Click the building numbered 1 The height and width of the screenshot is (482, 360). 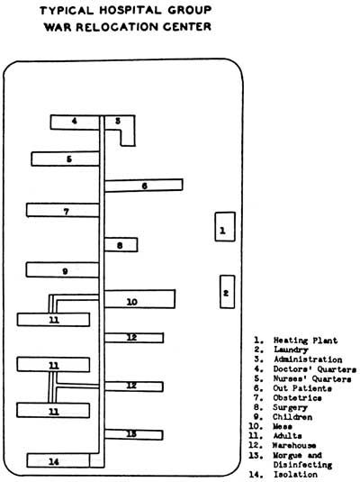click(225, 226)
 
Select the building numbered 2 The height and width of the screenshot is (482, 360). click(228, 292)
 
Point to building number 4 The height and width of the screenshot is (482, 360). click(75, 122)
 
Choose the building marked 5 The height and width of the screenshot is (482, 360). click(65, 159)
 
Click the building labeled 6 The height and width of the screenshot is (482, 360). click(143, 186)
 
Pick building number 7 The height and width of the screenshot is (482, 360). click(63, 210)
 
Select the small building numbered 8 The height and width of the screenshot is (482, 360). click(121, 245)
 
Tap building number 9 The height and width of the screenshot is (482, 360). click(63, 270)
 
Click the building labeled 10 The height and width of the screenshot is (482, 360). click(139, 299)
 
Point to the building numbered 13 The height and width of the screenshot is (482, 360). click(133, 434)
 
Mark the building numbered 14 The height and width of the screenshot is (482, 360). click(58, 460)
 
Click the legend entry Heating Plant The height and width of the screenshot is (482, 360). click(305, 341)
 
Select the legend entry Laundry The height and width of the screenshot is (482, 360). click(291, 350)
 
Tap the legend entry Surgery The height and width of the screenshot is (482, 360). click(290, 407)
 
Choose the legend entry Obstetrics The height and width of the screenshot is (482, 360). click(297, 398)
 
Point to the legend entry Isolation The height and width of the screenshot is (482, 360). click(295, 474)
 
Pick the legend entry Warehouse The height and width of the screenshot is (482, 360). click(294, 445)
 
